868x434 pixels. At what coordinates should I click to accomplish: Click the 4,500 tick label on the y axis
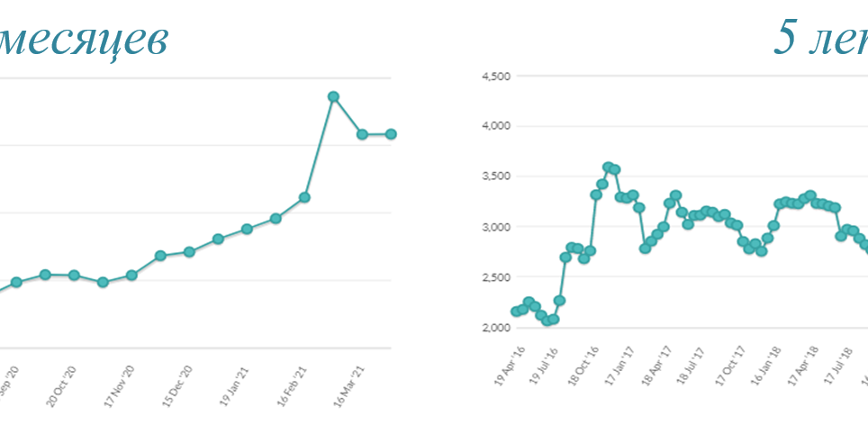click(496, 77)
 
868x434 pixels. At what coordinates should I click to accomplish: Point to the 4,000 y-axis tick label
click(496, 126)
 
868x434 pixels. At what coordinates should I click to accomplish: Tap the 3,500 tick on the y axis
click(496, 176)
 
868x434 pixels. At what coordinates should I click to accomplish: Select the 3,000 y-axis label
click(496, 227)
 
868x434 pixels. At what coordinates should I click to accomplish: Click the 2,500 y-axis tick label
click(496, 277)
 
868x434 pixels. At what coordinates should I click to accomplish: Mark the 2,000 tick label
click(496, 328)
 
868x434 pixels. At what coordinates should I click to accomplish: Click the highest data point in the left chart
click(333, 96)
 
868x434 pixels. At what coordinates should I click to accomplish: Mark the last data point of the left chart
click(391, 134)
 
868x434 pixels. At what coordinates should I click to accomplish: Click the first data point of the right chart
click(516, 312)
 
